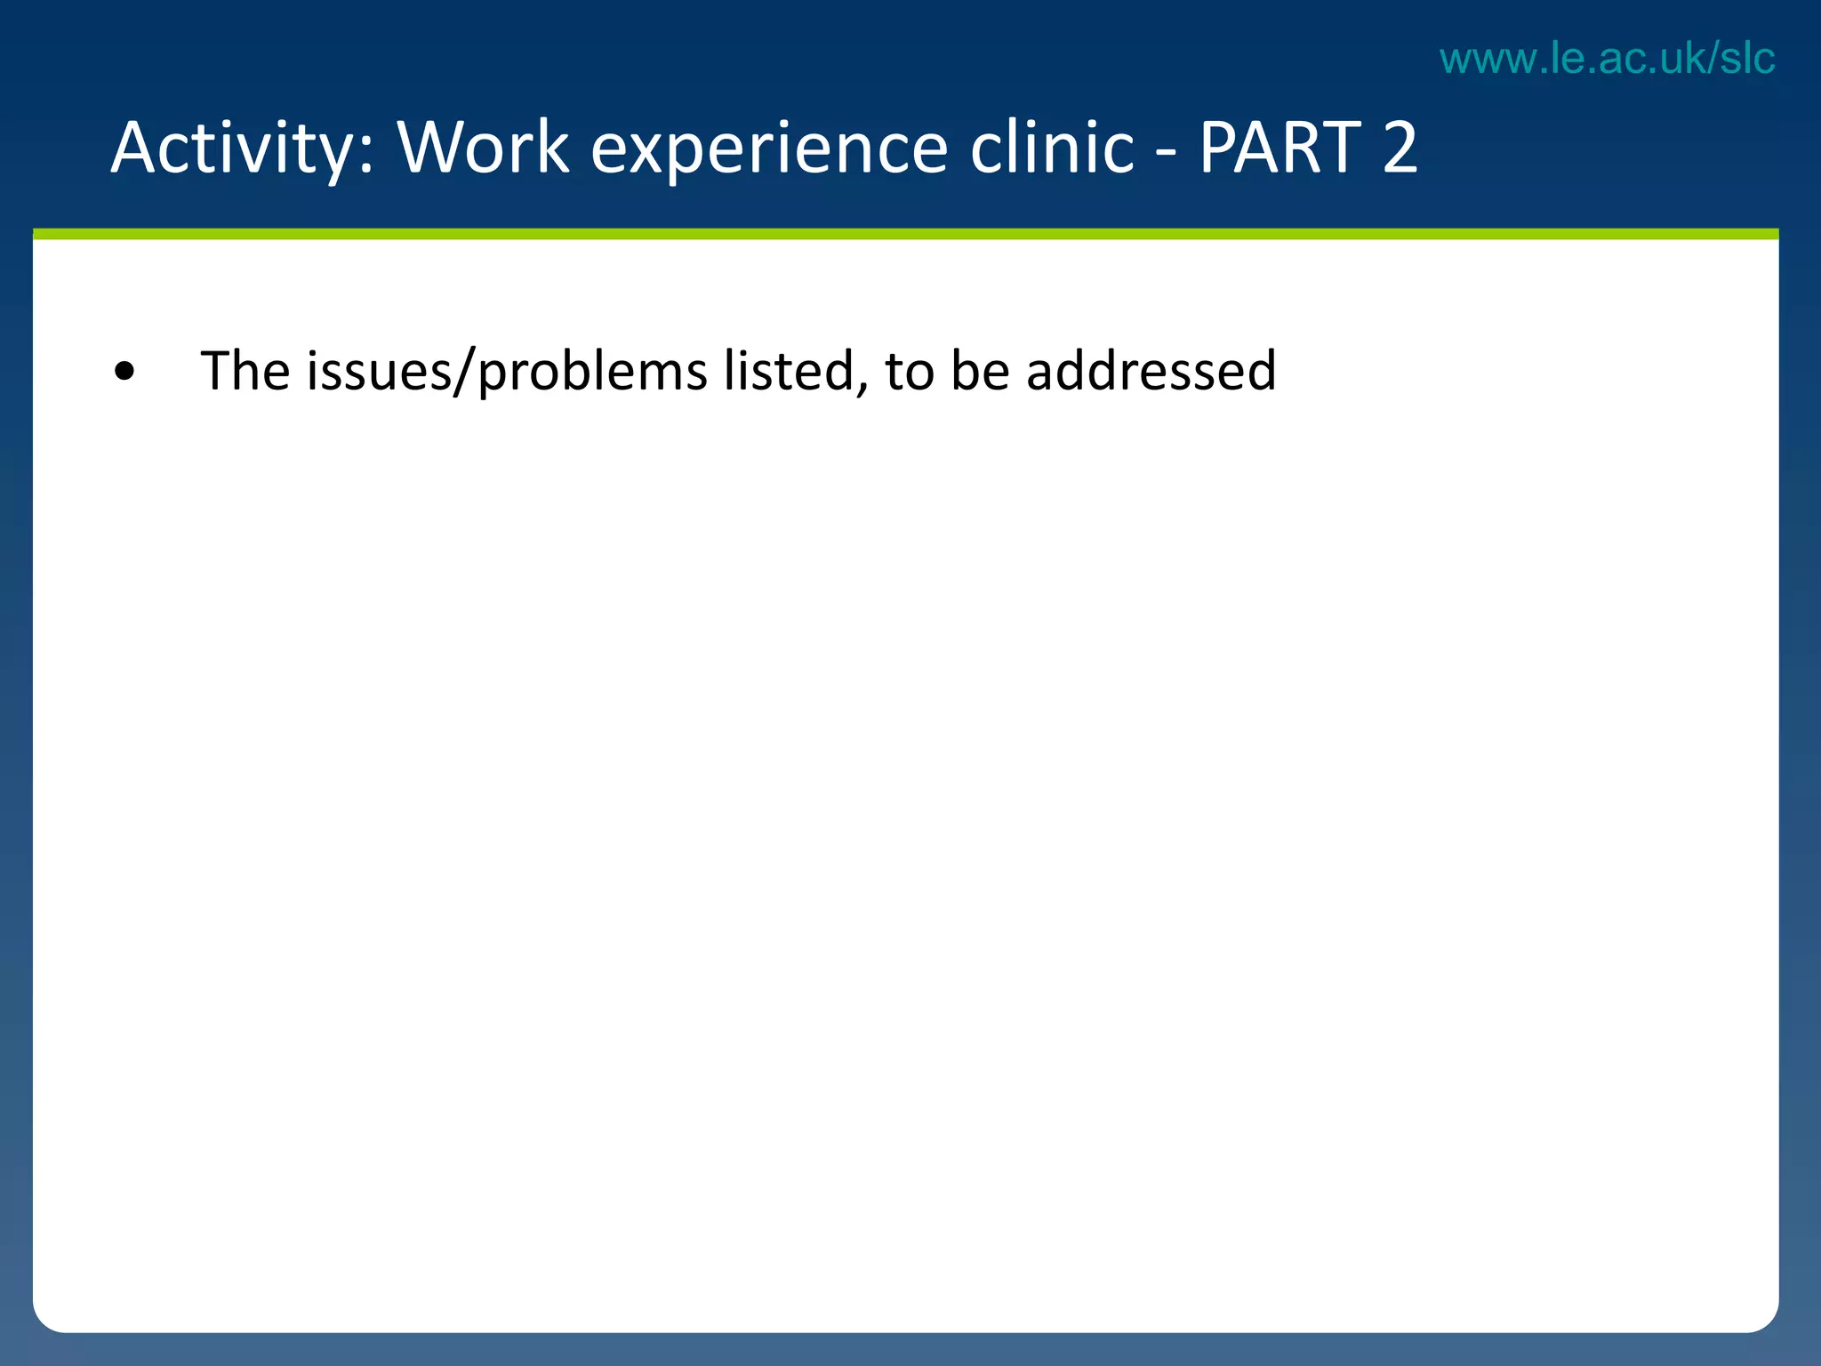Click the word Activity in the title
pyautogui.click(x=233, y=149)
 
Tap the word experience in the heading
pyautogui.click(x=768, y=149)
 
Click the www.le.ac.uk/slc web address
pyautogui.click(x=1607, y=59)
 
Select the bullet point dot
pyautogui.click(x=125, y=373)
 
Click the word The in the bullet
pyautogui.click(x=245, y=371)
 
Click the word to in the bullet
pyautogui.click(x=909, y=371)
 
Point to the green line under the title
pyautogui.click(x=905, y=234)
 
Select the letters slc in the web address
pyautogui.click(x=1746, y=59)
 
